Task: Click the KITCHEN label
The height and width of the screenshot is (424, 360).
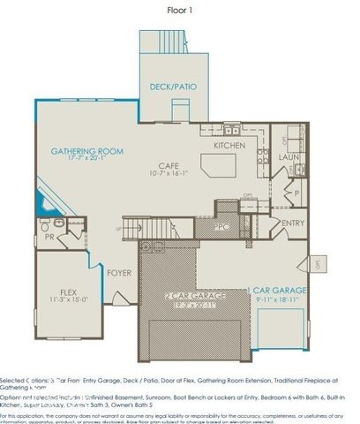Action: point(229,146)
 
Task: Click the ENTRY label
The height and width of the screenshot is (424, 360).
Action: point(293,223)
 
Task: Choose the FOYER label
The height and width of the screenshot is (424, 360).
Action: point(120,273)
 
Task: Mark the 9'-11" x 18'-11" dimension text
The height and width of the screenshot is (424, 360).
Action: point(276,299)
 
